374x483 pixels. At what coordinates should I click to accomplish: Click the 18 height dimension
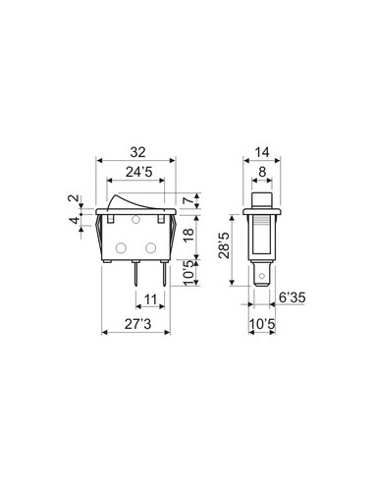(x=188, y=235)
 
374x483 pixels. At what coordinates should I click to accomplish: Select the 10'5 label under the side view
(x=260, y=320)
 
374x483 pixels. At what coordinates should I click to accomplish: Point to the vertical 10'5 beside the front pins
(x=188, y=272)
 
